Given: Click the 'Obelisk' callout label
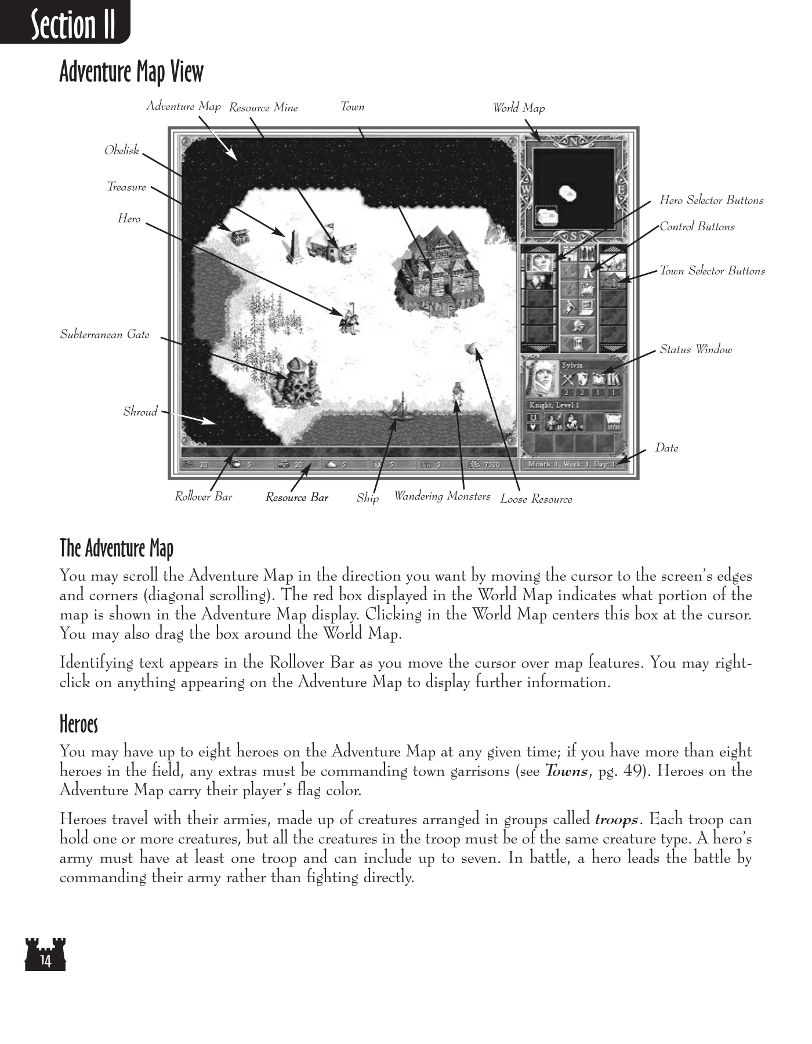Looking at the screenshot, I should [122, 150].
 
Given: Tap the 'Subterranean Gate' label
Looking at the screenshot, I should [105, 335].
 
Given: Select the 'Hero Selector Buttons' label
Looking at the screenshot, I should [711, 200].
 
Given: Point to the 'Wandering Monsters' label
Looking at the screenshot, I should [442, 496].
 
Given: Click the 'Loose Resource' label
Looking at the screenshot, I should [536, 499].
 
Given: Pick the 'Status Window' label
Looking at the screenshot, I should [695, 349].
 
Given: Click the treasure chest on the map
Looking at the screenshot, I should [238, 237].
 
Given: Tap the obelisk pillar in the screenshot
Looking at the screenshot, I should [293, 246].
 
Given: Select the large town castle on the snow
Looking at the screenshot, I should [439, 268].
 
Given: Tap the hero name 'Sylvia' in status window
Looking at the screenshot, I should [572, 365].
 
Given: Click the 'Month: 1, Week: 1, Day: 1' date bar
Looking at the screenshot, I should [573, 465].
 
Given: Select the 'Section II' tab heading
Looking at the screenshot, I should [72, 24].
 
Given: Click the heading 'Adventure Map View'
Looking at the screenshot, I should [132, 72].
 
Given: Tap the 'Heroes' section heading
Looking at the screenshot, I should [79, 724].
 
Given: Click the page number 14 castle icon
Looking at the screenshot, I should [45, 954].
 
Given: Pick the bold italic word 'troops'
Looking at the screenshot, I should [617, 820].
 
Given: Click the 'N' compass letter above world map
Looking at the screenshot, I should [573, 142].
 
